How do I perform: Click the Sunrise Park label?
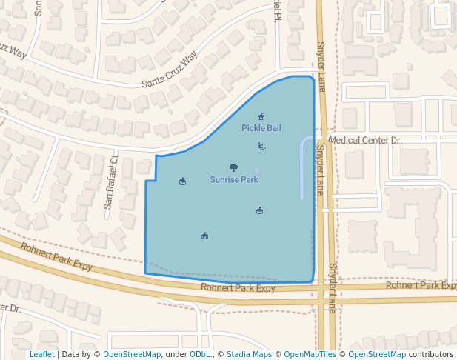(233, 179)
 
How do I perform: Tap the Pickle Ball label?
(261, 128)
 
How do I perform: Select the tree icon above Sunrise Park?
(233, 168)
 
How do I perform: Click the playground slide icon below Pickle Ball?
(261, 146)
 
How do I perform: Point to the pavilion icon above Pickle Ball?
(261, 116)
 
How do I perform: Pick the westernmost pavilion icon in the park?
(182, 181)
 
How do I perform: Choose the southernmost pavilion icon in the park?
(204, 236)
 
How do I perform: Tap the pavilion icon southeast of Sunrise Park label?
(259, 211)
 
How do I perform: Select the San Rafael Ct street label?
(110, 182)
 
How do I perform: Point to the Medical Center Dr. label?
(364, 140)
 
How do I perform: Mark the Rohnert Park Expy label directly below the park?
(238, 288)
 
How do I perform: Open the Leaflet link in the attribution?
(41, 355)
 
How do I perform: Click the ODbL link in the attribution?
(199, 355)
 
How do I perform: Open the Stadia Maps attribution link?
(249, 355)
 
